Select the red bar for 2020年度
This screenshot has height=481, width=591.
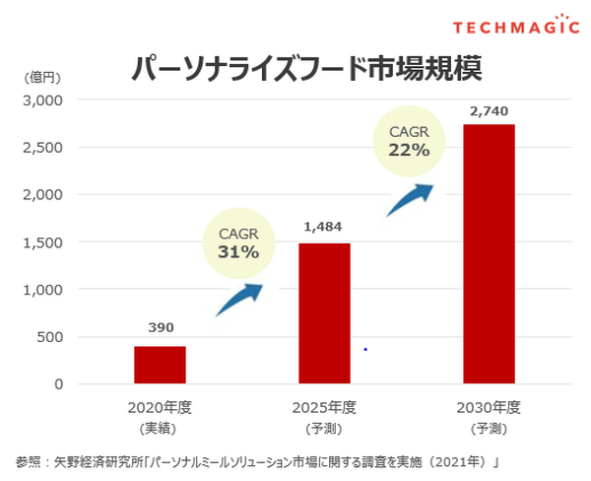(x=160, y=365)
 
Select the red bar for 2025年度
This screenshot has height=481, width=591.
(x=324, y=312)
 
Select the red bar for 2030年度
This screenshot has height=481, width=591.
(x=489, y=253)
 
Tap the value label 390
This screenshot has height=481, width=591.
(x=160, y=326)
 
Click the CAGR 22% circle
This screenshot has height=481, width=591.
(x=409, y=144)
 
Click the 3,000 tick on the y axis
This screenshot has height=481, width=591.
(x=42, y=101)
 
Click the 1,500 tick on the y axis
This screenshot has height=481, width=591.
(x=42, y=242)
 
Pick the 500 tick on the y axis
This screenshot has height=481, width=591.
(x=49, y=337)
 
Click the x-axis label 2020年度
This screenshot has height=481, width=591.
(x=159, y=407)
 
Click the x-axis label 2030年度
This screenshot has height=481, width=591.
(x=488, y=407)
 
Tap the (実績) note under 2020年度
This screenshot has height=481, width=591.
(x=159, y=430)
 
